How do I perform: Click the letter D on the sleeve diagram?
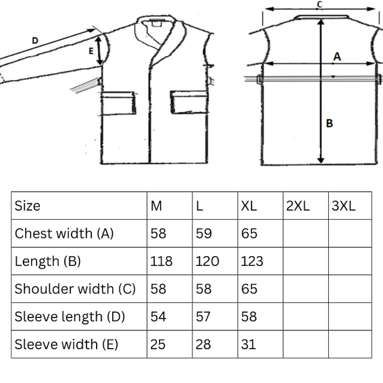click(x=35, y=40)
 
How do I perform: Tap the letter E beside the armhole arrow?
click(x=91, y=51)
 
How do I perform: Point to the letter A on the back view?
click(x=337, y=56)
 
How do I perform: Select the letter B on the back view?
click(x=329, y=123)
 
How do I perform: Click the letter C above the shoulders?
click(x=319, y=4)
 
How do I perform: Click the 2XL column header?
click(x=298, y=206)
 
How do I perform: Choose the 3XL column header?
click(x=343, y=206)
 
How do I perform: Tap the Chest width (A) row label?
click(x=64, y=234)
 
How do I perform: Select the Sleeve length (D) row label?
click(x=70, y=317)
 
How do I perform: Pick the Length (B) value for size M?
click(x=161, y=261)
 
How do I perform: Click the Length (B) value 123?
click(x=252, y=261)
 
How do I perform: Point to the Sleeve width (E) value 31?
click(x=249, y=344)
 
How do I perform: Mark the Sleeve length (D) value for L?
click(x=203, y=317)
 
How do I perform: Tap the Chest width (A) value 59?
click(x=204, y=234)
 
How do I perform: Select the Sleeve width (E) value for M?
click(x=158, y=344)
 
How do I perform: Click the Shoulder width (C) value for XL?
click(x=249, y=289)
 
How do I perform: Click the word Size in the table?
click(x=27, y=206)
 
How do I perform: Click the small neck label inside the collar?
click(x=157, y=24)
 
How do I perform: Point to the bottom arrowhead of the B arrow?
click(x=321, y=160)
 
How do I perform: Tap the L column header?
click(x=199, y=206)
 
